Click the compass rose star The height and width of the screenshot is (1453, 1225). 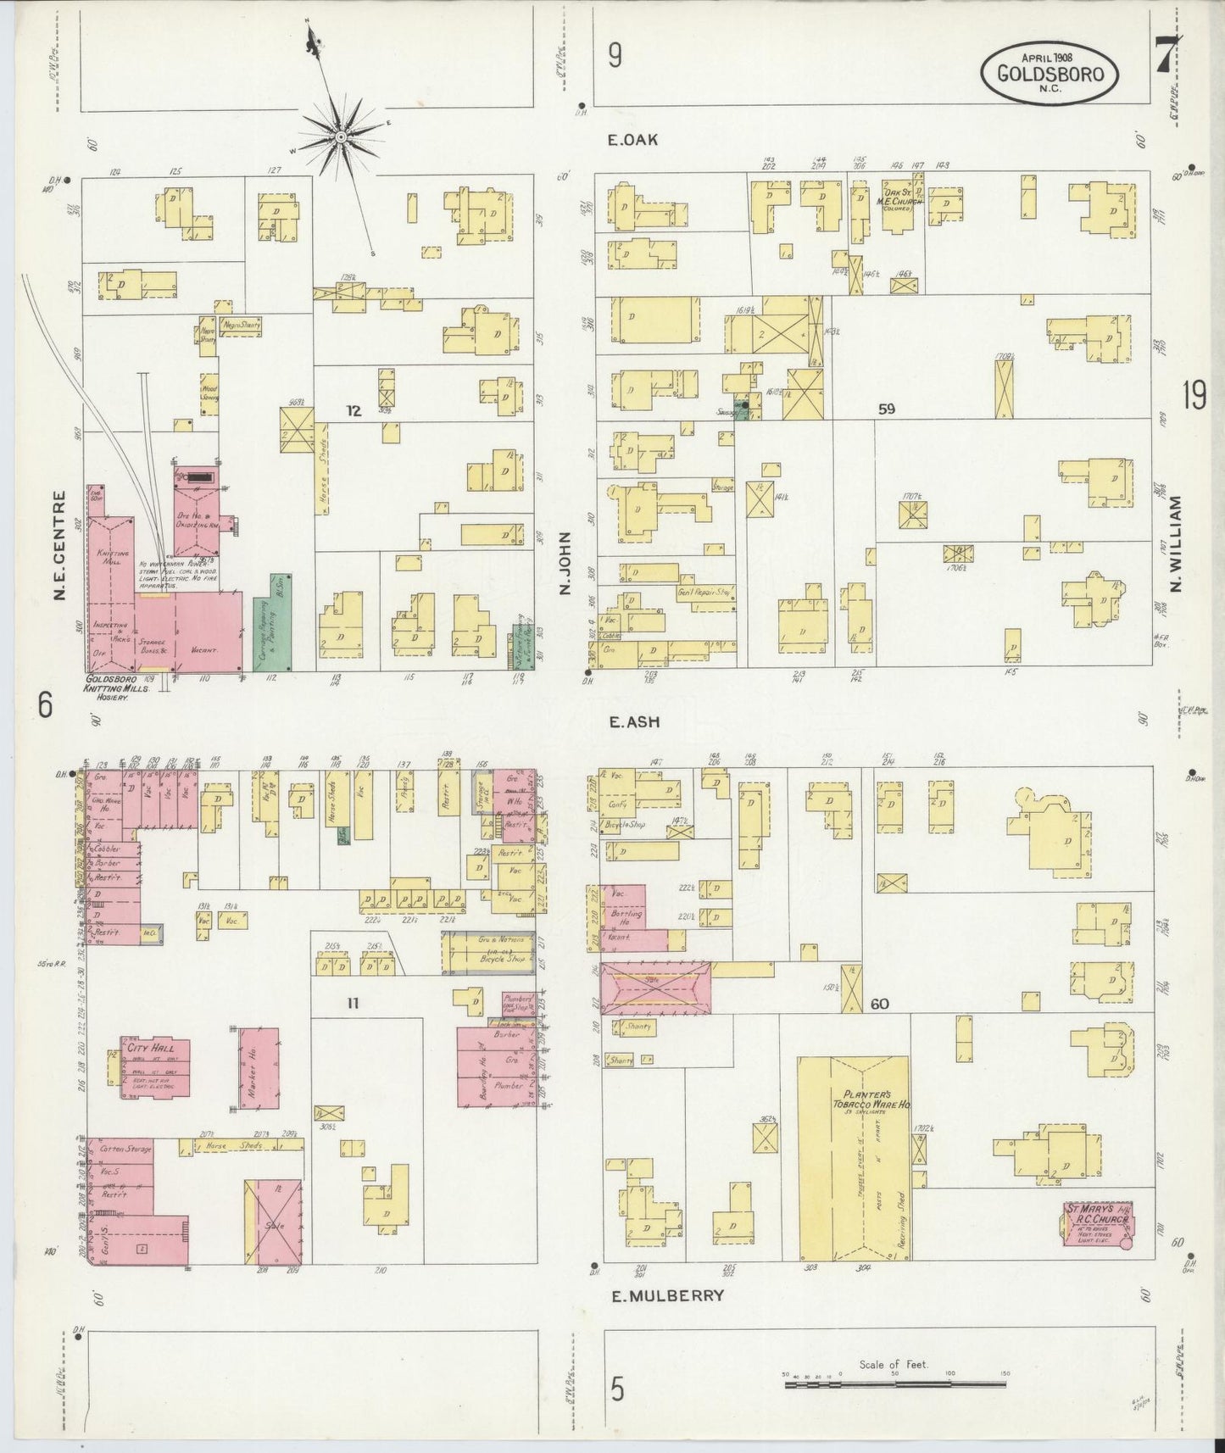click(340, 136)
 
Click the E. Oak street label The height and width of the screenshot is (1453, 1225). click(633, 140)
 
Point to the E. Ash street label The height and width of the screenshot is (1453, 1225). click(634, 722)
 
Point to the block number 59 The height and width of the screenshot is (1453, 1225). click(887, 409)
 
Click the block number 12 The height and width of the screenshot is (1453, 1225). click(354, 411)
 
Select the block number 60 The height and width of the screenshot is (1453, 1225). click(879, 1005)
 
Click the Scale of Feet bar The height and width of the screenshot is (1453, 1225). click(895, 1383)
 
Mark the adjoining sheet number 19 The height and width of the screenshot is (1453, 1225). click(1194, 396)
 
